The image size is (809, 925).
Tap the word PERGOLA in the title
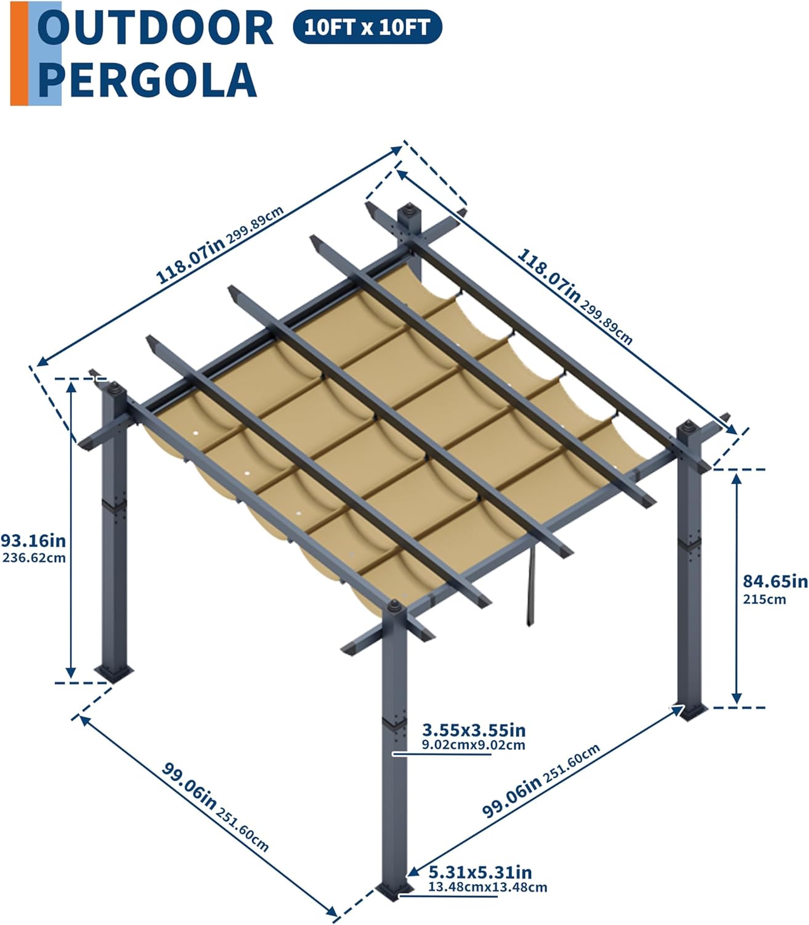[148, 80]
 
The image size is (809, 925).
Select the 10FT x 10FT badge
[367, 27]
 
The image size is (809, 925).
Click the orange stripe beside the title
[20, 54]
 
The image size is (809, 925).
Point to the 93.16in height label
[33, 540]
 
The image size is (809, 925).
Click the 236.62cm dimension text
[34, 557]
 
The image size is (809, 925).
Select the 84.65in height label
[775, 581]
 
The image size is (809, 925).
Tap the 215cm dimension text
[764, 599]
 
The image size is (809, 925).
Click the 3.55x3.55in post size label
[474, 730]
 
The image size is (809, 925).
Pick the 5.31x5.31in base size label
[480, 872]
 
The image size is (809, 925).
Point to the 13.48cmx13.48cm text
[487, 887]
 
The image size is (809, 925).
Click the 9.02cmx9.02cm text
[473, 744]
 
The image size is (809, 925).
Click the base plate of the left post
[113, 673]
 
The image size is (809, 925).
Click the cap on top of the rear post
[409, 209]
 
